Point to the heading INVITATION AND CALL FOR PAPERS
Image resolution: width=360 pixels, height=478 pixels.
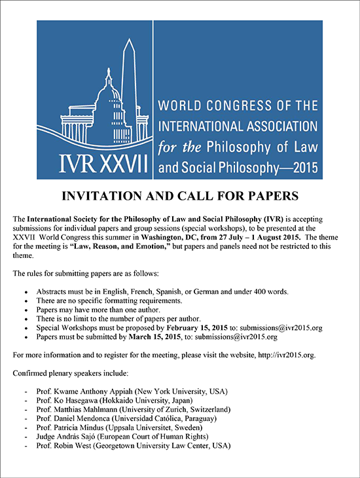(180, 195)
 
